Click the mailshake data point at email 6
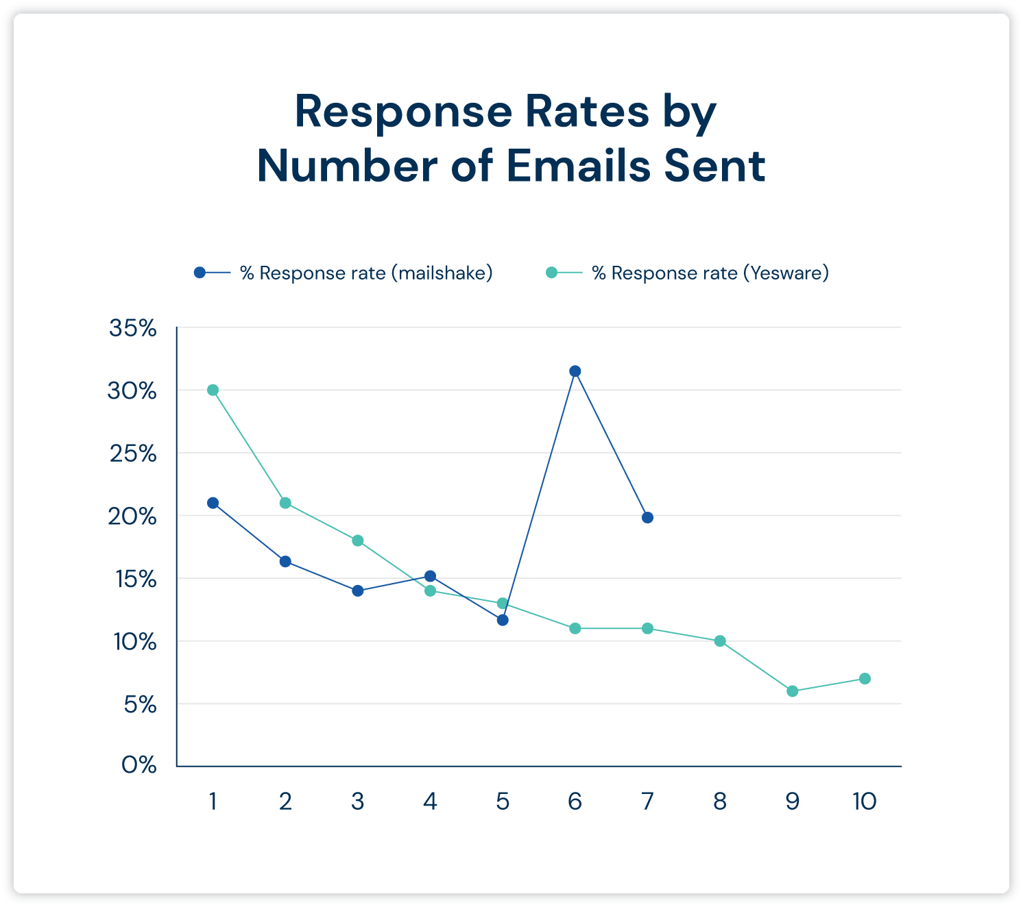575,371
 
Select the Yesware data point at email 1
213,390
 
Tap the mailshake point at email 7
647,517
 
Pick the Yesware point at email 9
793,691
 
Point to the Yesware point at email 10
865,678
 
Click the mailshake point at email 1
213,503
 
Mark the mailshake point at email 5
503,620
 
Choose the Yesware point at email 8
720,641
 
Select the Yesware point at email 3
358,541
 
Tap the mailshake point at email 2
285,562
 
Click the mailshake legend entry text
366,273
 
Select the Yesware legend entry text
710,273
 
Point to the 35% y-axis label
133,328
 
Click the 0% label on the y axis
139,765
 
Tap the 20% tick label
133,517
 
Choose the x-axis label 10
864,801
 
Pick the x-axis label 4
430,801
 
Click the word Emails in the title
580,166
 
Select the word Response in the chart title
403,112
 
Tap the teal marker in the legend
551,273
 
